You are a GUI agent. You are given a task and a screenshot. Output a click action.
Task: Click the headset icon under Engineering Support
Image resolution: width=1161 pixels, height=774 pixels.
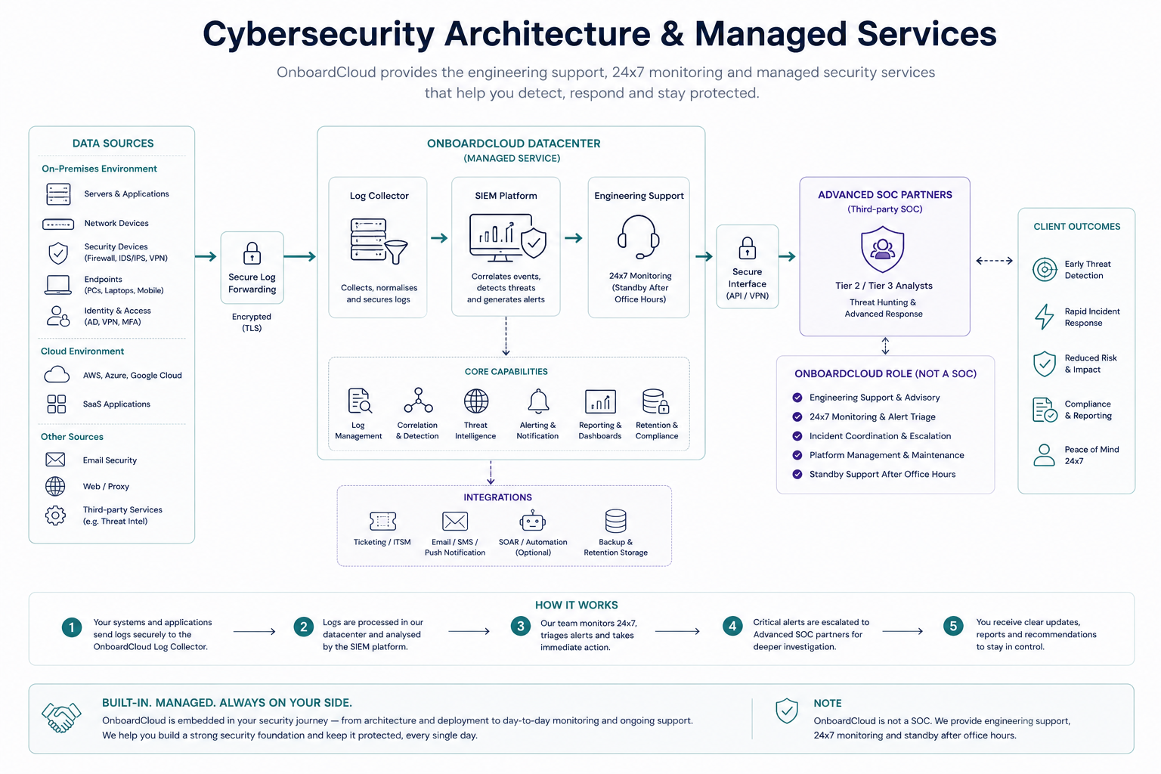pos(638,237)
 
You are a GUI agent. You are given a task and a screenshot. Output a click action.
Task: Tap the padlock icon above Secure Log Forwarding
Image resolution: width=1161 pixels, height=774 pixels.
pos(252,253)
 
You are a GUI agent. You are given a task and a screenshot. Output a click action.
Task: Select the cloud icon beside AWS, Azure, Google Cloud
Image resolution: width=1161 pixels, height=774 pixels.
pos(57,374)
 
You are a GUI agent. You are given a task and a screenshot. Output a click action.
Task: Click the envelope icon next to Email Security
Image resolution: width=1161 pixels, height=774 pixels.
pos(55,460)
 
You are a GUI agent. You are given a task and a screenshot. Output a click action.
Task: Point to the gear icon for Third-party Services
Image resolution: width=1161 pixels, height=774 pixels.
pos(55,515)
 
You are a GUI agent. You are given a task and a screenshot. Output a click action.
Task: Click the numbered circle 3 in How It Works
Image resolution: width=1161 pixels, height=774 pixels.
pos(520,627)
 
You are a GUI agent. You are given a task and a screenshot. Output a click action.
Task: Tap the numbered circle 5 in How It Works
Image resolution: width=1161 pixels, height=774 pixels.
pos(953,627)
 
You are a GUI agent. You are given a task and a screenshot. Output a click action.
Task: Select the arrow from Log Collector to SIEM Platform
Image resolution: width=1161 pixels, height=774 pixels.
pos(439,238)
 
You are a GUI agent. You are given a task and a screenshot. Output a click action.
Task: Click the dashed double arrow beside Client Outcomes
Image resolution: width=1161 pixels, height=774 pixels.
pos(994,261)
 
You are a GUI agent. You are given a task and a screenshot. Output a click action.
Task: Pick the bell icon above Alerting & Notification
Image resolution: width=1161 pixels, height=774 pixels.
pos(538,401)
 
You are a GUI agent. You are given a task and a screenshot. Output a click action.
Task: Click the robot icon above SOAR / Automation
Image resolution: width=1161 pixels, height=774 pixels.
pos(532,521)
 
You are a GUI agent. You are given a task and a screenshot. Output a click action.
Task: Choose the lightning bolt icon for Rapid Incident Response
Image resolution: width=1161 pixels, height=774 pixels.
pos(1045,317)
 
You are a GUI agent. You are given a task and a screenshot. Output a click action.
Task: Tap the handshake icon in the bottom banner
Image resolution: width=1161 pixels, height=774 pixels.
pos(61,717)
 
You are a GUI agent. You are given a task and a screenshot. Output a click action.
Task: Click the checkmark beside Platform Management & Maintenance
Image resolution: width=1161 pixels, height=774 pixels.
pos(797,455)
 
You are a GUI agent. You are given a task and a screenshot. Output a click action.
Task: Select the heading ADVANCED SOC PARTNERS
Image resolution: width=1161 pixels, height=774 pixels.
pos(885,195)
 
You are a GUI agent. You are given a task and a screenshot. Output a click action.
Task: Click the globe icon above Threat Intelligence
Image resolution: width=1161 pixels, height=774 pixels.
pos(475,401)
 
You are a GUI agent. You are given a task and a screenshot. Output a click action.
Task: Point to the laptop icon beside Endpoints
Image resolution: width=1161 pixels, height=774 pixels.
pos(57,285)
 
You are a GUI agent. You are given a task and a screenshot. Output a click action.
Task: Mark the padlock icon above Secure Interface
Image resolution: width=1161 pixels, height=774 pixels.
pos(747,249)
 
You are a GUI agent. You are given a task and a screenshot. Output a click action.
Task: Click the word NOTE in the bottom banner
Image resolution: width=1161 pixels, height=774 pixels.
pos(827,704)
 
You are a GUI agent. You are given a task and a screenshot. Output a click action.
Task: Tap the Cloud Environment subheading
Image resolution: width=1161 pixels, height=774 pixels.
pos(82,351)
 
